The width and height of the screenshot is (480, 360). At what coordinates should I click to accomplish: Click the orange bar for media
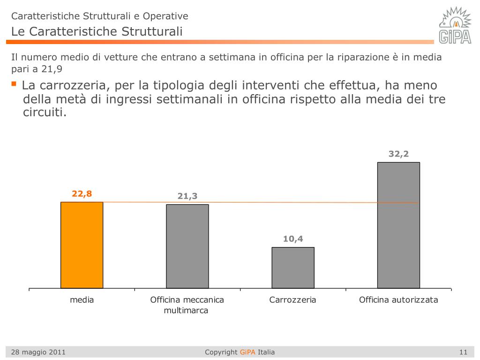(82, 245)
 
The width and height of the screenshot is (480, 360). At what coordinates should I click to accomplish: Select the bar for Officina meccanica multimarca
(187, 246)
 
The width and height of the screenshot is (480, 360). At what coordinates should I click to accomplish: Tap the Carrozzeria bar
(293, 267)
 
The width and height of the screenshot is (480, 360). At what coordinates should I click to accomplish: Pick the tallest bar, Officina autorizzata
(398, 225)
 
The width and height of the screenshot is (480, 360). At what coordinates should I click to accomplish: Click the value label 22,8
(82, 194)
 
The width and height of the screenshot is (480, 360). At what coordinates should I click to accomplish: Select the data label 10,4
(293, 239)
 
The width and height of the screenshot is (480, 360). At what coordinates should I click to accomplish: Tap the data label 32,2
(398, 154)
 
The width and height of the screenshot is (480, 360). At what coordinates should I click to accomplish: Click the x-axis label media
(82, 300)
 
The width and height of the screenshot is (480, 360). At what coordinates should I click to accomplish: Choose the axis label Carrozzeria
(293, 300)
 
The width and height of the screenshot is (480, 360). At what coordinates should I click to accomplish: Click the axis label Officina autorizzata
(398, 300)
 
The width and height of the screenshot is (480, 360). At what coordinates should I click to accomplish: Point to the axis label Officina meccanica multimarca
(187, 305)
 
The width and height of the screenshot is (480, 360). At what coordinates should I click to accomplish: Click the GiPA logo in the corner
(454, 25)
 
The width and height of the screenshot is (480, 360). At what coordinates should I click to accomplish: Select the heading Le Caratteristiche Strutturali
(97, 32)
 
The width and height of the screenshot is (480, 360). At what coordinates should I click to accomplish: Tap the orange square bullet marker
(14, 84)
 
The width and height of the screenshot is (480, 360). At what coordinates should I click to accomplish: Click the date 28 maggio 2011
(38, 352)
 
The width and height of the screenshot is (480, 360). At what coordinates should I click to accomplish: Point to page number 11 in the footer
(464, 352)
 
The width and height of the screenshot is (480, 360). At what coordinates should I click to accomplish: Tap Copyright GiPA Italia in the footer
(240, 352)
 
